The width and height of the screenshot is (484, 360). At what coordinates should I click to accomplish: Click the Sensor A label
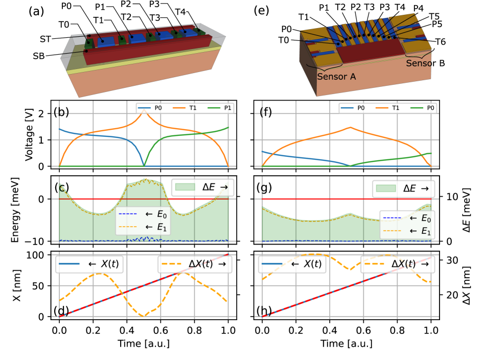336,77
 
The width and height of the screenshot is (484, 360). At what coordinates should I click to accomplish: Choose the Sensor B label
426,63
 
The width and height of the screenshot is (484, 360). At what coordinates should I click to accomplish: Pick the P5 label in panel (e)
437,25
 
